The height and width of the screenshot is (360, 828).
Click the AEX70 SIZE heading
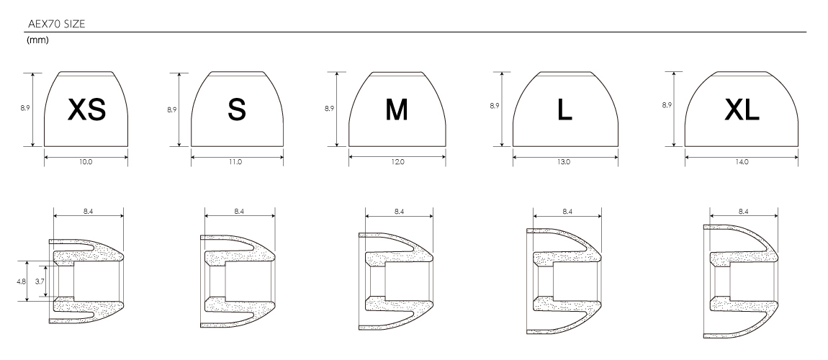point(56,24)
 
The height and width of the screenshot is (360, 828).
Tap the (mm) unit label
point(37,40)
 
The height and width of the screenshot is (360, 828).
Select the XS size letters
point(87,109)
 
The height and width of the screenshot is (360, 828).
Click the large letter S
point(237,109)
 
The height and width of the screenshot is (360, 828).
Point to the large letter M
point(397,109)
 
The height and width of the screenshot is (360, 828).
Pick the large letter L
point(564,109)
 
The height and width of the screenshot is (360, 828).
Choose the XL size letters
point(742,109)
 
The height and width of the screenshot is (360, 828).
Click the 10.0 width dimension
point(86,162)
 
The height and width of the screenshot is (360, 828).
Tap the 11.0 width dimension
point(235,162)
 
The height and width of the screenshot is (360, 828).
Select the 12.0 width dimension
point(397,162)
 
